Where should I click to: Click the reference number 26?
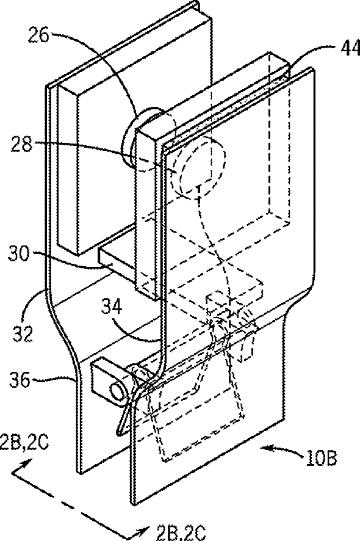coord(38,35)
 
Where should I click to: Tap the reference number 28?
coord(21,144)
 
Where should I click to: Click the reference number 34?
coord(112,306)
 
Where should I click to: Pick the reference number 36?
coord(19,380)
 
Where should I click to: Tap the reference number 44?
coord(350,48)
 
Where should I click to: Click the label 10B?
coord(321,457)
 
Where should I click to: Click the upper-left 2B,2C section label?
coord(24,443)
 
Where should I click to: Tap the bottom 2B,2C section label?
coord(181,532)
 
